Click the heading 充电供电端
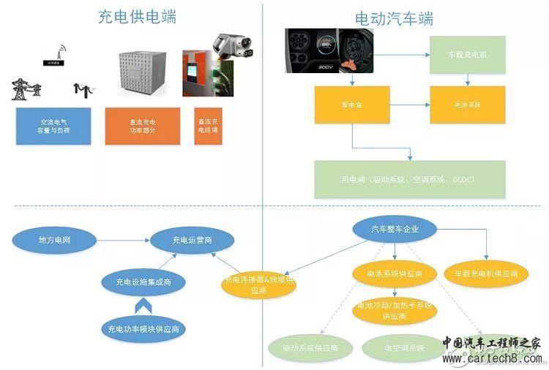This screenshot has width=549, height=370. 137,17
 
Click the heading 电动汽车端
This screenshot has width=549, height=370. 394,18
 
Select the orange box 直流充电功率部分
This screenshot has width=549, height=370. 142,126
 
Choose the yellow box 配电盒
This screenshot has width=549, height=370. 352,105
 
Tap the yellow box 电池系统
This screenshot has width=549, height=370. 466,105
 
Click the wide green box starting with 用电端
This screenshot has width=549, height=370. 410,178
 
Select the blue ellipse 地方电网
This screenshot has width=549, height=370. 55,240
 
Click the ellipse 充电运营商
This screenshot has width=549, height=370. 192,240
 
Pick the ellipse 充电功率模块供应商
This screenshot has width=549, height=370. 142,329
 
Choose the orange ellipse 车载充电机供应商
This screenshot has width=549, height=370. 485,273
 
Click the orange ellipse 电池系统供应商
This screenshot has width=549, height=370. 395,273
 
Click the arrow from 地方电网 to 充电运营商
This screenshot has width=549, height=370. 122,240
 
